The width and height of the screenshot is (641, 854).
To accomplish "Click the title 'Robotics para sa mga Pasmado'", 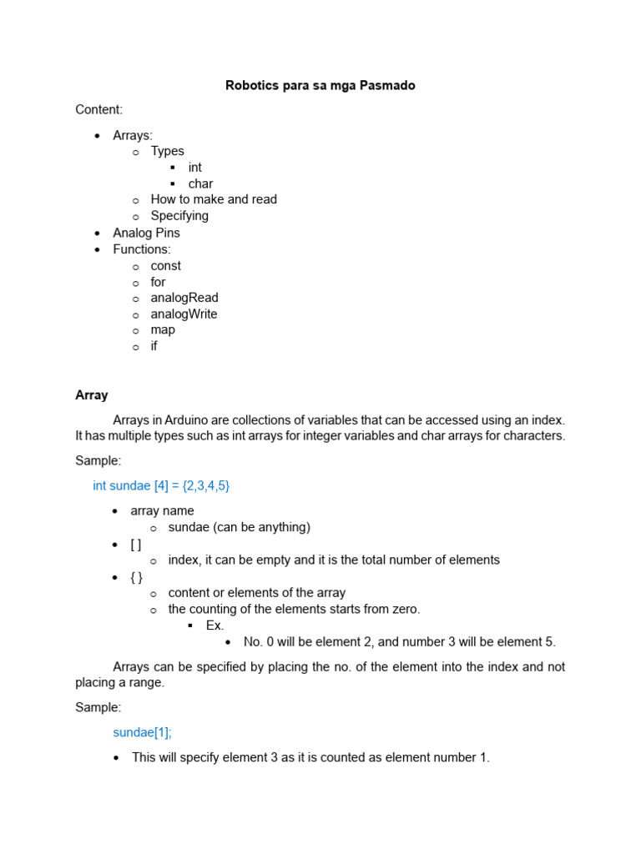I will pos(320,85).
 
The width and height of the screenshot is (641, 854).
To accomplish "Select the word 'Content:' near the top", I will pos(98,109).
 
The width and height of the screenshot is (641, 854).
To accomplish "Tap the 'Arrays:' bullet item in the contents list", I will pos(133,135).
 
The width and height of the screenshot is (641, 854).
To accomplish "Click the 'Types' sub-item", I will pos(167,151).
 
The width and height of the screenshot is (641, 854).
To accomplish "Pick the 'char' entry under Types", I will pos(200,183).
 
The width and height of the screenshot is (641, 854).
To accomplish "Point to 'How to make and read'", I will pos(214,199).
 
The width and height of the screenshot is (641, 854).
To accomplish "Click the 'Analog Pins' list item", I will pos(146,233).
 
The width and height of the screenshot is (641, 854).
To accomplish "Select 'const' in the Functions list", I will pos(165,265).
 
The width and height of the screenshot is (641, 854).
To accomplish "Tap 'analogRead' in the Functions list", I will pos(184,298).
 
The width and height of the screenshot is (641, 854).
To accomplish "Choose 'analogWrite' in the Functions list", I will pos(184,314).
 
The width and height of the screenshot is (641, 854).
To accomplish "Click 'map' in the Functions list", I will pos(163,330).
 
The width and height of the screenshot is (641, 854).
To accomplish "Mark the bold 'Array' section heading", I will pos(92,395).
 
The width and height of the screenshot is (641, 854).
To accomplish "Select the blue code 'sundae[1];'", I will pos(142,732).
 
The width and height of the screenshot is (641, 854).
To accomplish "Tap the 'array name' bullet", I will pos(162,510).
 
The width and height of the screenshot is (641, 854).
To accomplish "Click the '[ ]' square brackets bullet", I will pos(136,544).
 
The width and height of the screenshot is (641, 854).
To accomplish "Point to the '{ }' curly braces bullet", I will pos(136,576).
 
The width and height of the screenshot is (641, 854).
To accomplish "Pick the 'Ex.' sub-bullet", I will pos(215,625).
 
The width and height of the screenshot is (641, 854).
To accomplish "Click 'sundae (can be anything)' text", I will pos(239,527).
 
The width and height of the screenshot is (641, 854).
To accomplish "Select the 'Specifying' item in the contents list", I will pos(179,216).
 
